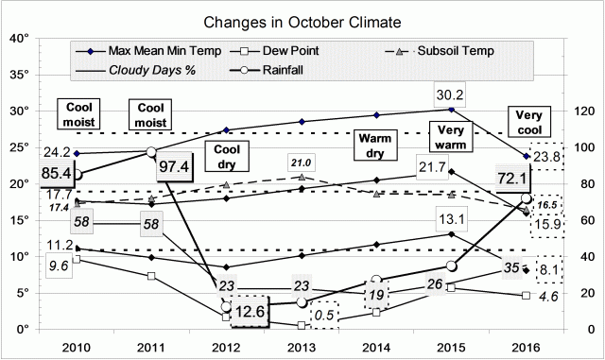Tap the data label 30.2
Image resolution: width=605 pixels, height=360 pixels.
tap(452, 94)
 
